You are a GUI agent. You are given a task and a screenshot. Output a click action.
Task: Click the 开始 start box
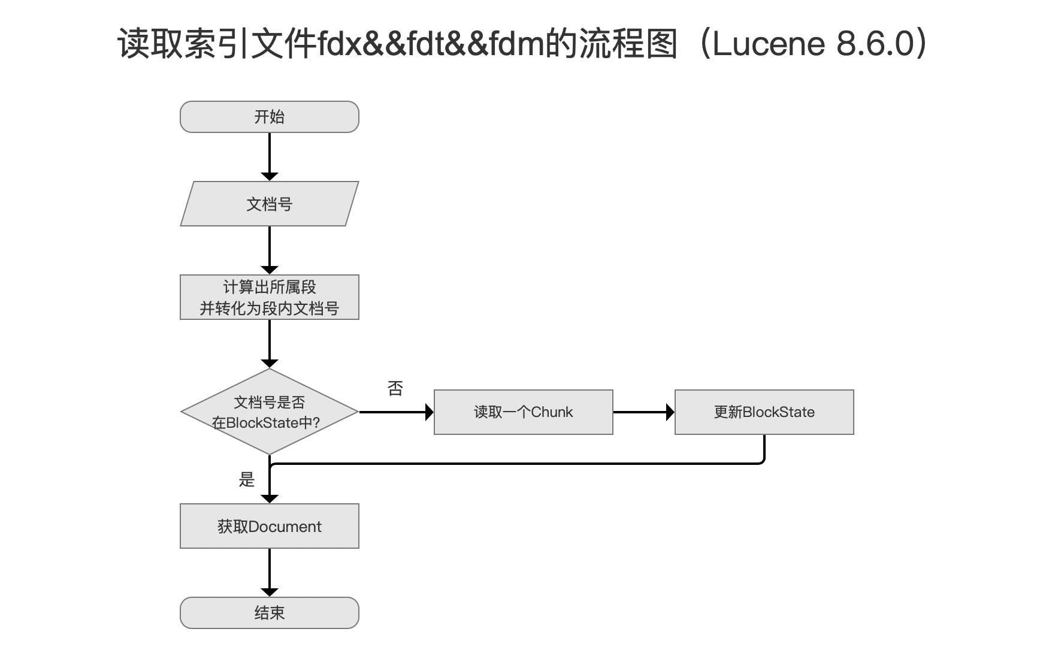(x=270, y=117)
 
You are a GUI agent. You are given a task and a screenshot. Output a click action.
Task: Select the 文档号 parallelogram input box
(x=270, y=204)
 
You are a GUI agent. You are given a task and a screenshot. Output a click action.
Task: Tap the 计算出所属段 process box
(x=270, y=297)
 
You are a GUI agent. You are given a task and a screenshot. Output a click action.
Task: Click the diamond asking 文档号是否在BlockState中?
(x=270, y=412)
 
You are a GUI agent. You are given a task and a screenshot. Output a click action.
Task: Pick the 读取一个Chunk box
(x=524, y=412)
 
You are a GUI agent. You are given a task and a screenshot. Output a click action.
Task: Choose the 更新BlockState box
(x=764, y=412)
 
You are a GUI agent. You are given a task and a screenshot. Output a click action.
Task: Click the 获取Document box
(x=270, y=526)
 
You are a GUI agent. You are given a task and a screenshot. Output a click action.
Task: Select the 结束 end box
(x=270, y=613)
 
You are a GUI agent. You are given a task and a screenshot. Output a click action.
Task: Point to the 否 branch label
(x=395, y=389)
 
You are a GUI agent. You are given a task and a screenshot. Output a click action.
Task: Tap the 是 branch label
(x=247, y=479)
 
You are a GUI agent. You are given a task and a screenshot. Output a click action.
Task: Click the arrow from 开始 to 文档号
(x=270, y=157)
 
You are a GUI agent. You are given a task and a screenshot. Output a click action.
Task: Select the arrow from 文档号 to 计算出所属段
(x=270, y=250)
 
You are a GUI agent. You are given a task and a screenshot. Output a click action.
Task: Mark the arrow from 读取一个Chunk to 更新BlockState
(x=644, y=412)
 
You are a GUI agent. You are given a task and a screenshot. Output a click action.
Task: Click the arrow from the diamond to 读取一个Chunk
(x=397, y=412)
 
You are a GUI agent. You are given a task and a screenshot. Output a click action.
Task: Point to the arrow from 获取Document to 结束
(x=270, y=573)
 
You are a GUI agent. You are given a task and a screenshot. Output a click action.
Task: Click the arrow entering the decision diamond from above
(x=270, y=344)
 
